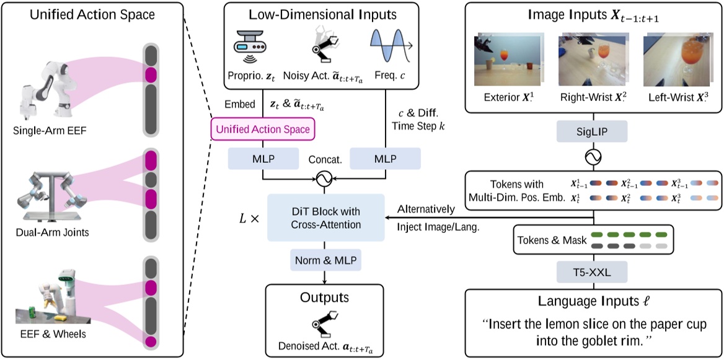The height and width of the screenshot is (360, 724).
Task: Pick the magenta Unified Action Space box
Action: click(263, 129)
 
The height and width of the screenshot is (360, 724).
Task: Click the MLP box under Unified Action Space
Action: click(263, 159)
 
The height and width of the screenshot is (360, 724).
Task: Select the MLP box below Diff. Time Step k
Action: click(386, 159)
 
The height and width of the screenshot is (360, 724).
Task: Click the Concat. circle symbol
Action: click(323, 180)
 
